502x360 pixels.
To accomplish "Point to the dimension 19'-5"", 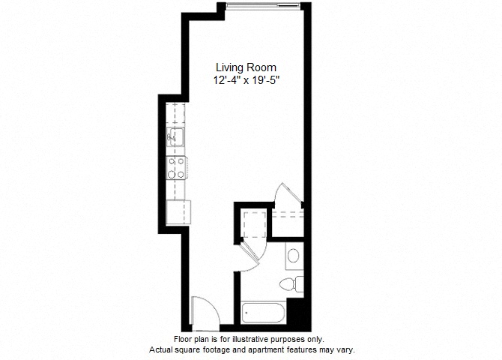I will [x=266, y=80].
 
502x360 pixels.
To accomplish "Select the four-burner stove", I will [x=177, y=167].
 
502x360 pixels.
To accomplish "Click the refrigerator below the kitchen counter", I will [x=179, y=211].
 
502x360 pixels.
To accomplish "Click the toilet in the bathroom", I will [x=290, y=283].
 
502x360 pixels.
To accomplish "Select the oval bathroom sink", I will [x=294, y=256].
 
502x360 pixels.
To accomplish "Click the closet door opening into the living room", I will [x=287, y=193].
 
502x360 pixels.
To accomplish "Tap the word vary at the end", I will [x=345, y=349].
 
